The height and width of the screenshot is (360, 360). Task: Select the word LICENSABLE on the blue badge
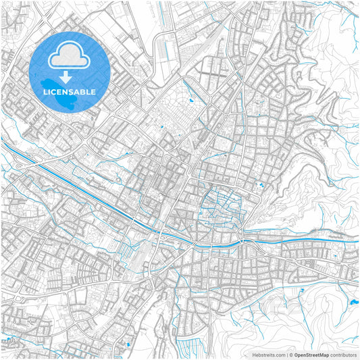tap(70, 91)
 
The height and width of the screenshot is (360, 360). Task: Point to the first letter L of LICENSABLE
tap(45, 91)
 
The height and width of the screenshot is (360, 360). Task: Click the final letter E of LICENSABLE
tap(93, 91)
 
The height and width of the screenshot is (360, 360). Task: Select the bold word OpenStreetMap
tap(311, 354)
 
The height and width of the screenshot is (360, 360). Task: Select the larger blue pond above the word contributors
tap(355, 304)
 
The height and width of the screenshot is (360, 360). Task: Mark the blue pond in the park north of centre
tap(192, 101)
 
